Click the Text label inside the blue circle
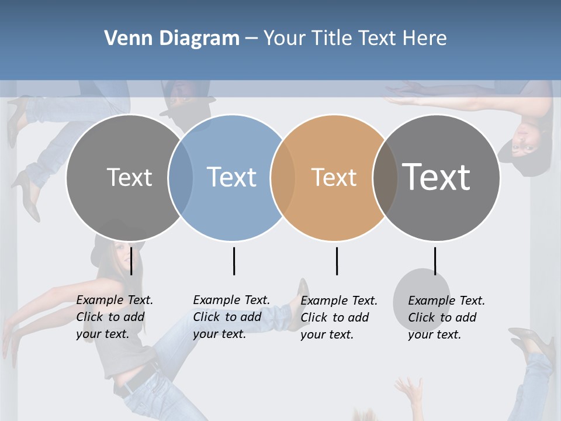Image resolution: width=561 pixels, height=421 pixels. click(x=232, y=177)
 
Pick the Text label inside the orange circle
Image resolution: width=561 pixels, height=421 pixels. click(x=334, y=177)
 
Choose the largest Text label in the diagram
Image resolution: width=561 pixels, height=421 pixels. click(x=437, y=177)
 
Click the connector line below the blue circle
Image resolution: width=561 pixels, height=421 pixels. click(x=234, y=261)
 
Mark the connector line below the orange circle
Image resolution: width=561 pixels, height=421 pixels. click(x=337, y=261)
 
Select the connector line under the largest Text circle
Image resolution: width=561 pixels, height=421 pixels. click(x=435, y=261)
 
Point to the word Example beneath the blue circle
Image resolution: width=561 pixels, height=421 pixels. click(x=216, y=300)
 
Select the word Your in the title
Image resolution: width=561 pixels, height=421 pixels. click(x=285, y=39)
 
